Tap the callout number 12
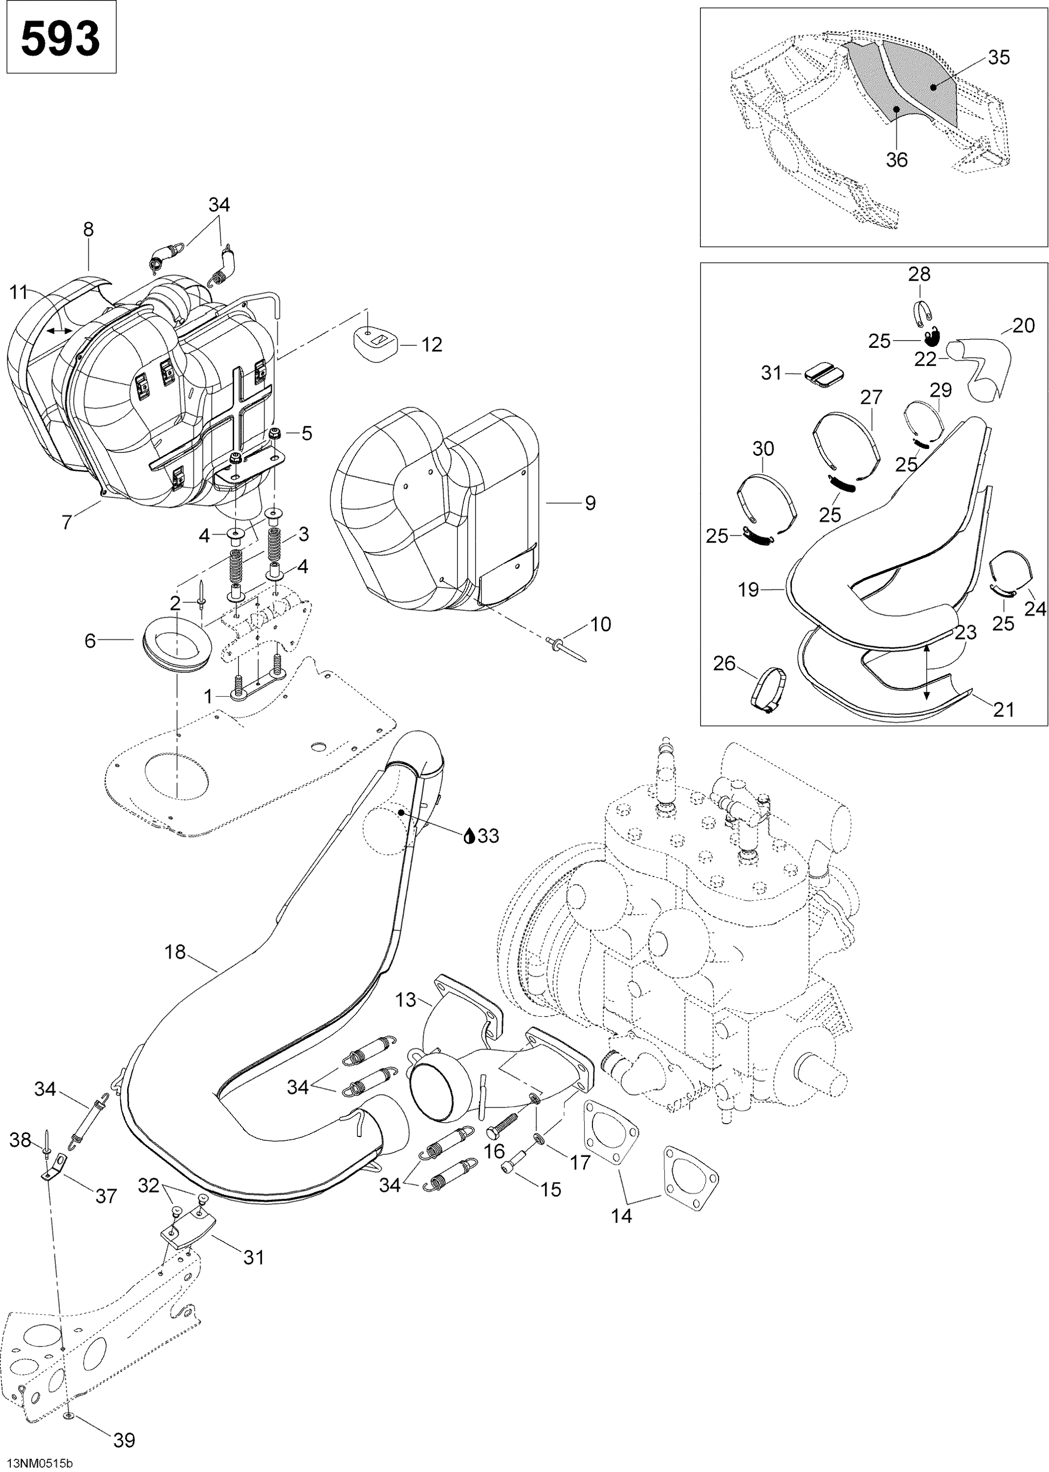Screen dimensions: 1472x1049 (x=431, y=345)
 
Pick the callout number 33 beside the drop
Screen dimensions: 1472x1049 (x=489, y=836)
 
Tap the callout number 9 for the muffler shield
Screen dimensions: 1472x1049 (x=590, y=503)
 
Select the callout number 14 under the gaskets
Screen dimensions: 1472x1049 (x=621, y=1234)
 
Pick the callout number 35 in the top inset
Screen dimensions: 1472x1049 (x=998, y=57)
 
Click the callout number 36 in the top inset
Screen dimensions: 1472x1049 (x=896, y=159)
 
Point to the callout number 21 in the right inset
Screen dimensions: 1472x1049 (x=1004, y=710)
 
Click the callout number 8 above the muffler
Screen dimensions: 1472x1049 (x=88, y=229)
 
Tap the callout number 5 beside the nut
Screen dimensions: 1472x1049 (x=307, y=433)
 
